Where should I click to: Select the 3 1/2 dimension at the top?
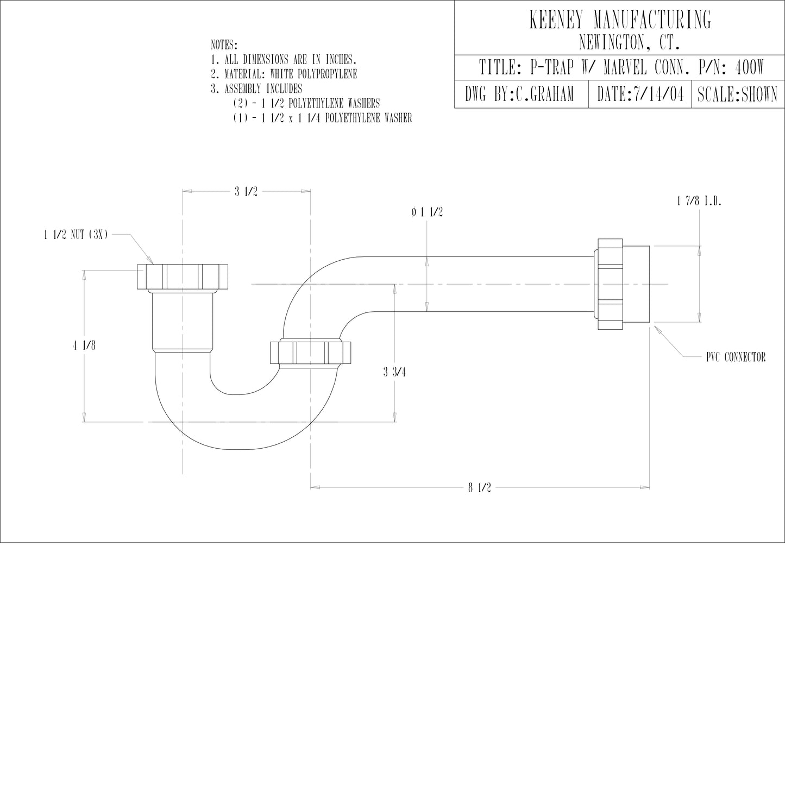pyautogui.click(x=246, y=191)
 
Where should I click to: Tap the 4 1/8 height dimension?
pyautogui.click(x=85, y=345)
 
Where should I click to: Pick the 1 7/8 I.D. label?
pyautogui.click(x=699, y=202)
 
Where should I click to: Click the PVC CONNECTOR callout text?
pyautogui.click(x=736, y=357)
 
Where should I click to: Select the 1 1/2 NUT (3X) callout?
pyautogui.click(x=76, y=235)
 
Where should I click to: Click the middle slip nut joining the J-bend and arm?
pyautogui.click(x=310, y=353)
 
